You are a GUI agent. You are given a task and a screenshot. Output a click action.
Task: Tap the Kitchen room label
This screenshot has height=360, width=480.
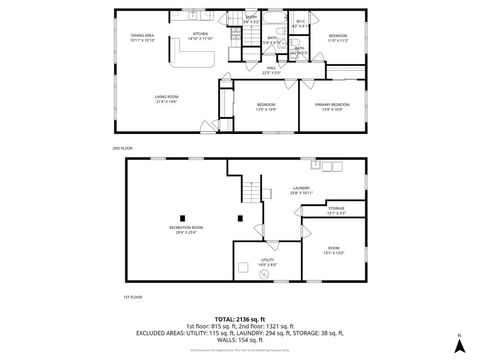tap(201, 35)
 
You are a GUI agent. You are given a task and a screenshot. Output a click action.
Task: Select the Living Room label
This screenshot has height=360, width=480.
tap(166, 98)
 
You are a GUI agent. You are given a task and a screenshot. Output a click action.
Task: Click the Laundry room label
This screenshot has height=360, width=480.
tap(302, 189)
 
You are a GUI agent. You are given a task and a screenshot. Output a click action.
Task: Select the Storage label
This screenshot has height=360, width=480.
tap(337, 211)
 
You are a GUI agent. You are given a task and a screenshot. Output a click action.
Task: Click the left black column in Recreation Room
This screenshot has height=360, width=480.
tap(182, 218)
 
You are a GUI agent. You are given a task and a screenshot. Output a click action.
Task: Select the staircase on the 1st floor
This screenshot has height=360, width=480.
tap(255, 192)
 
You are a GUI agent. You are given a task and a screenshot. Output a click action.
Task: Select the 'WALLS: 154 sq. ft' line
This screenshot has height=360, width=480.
tap(240, 341)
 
